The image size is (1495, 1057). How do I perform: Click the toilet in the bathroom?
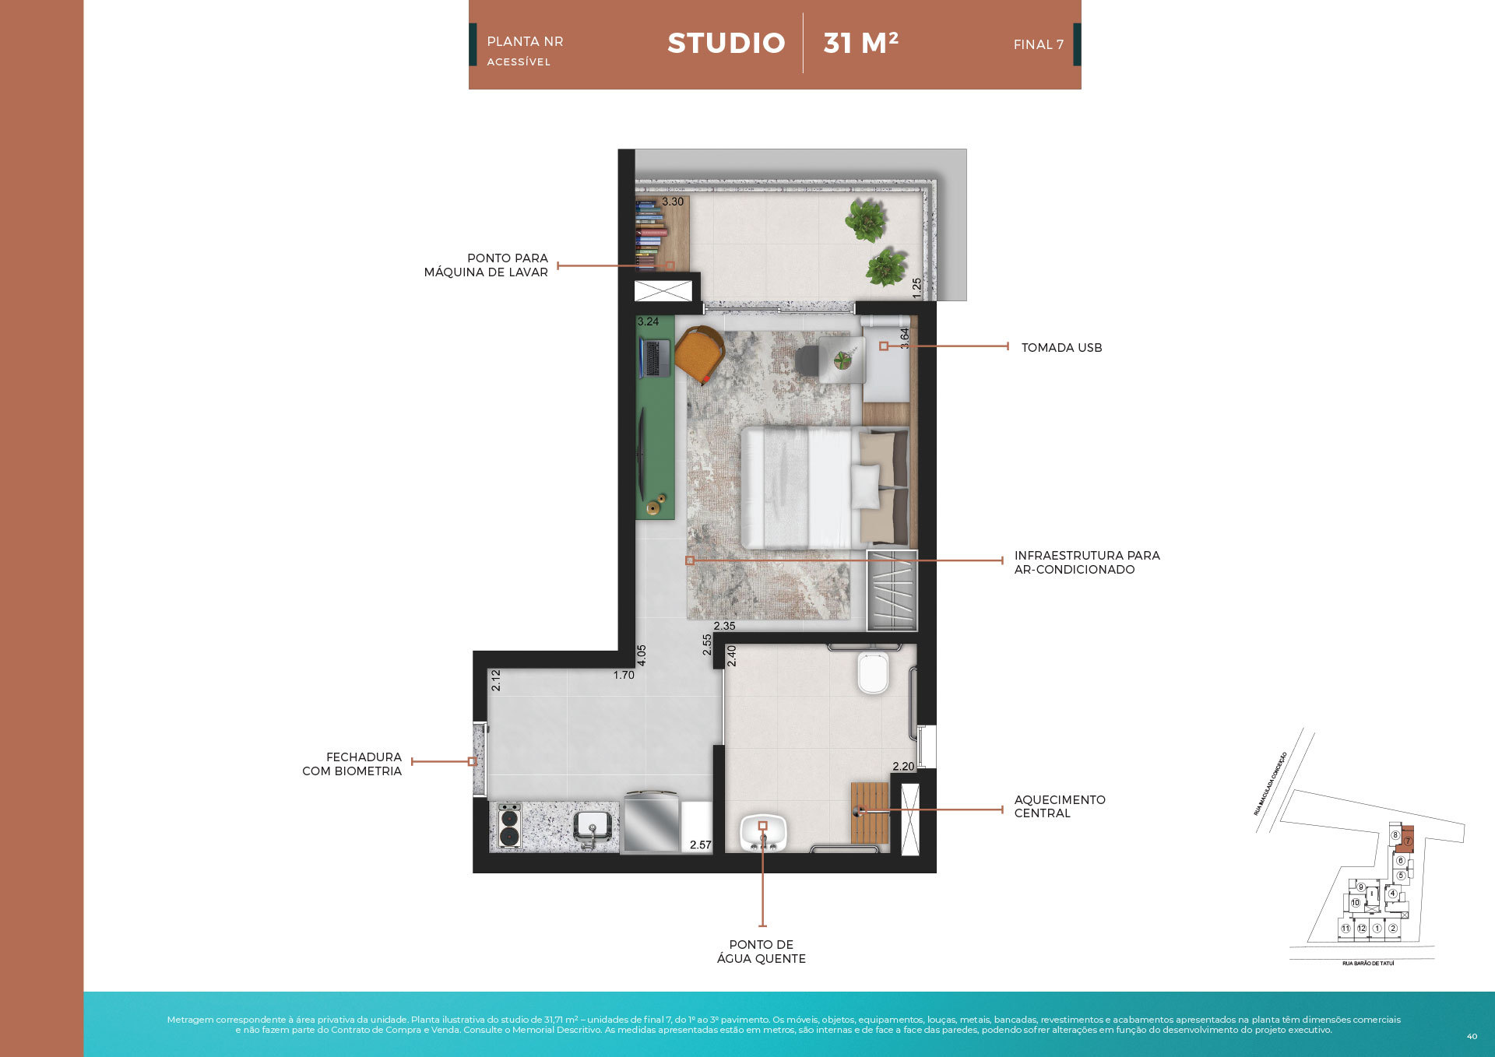tap(872, 672)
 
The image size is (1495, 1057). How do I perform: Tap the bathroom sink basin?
tap(763, 833)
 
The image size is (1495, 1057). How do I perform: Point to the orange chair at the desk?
tap(699, 354)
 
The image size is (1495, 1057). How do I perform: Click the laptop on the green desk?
tap(655, 357)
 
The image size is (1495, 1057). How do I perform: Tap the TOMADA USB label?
tap(1061, 348)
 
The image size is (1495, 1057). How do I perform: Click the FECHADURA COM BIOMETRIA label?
tap(352, 764)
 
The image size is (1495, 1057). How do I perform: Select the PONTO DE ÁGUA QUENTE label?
tap(761, 951)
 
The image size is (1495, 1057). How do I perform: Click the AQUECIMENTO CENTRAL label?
tap(1059, 806)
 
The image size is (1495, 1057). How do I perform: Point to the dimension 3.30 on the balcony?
tap(673, 202)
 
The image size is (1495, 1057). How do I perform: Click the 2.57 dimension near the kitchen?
tap(700, 845)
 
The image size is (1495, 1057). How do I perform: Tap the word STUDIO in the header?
tap(726, 43)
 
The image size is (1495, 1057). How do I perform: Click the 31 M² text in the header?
tap(860, 43)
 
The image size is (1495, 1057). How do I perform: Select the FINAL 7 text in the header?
tap(1038, 44)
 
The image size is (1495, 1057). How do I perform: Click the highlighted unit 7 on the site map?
tap(1407, 840)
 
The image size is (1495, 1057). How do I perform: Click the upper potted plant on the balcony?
tap(866, 219)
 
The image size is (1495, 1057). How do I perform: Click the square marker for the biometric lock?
tap(472, 761)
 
